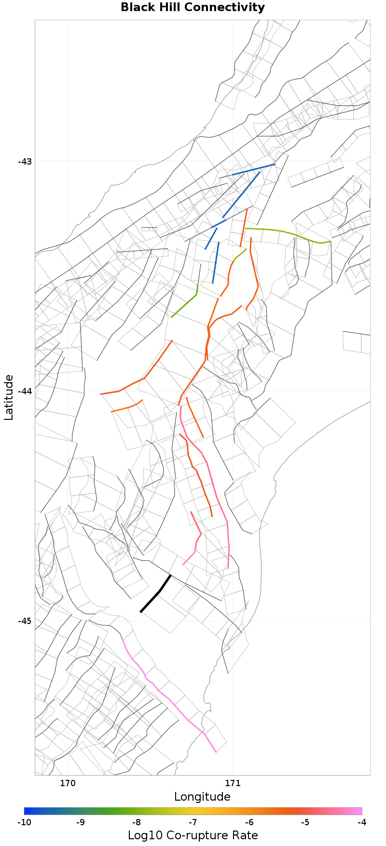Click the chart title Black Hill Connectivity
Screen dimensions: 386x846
point(193,8)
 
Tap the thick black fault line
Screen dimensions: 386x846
point(155,594)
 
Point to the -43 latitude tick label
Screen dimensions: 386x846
point(25,161)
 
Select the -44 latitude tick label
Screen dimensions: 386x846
point(25,391)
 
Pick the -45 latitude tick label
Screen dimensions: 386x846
point(25,621)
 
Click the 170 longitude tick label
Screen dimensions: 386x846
point(68,783)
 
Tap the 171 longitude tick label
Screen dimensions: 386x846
point(233,783)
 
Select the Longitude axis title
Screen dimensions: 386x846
point(202,797)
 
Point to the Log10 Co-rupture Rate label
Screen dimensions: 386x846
point(193,835)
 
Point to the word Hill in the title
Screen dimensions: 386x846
point(171,8)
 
